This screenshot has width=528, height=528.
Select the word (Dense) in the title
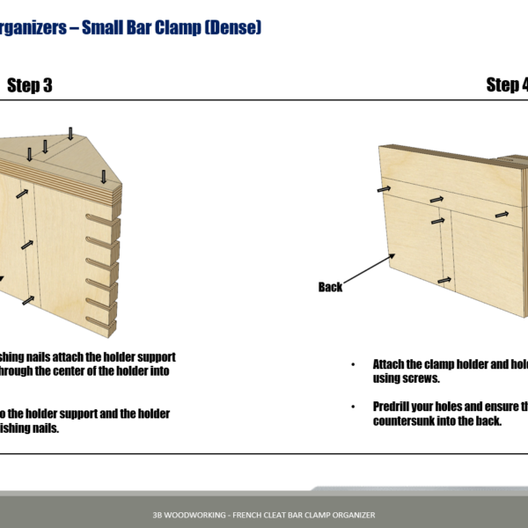[x=230, y=28]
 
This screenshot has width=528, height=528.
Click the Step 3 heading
[x=29, y=84]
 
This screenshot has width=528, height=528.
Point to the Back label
[x=330, y=287]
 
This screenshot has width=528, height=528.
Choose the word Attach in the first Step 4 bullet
[x=392, y=364]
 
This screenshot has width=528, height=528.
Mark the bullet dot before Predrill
[x=353, y=407]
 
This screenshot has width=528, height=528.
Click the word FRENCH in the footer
[x=247, y=515]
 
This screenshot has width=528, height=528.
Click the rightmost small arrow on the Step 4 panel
[x=501, y=213]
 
